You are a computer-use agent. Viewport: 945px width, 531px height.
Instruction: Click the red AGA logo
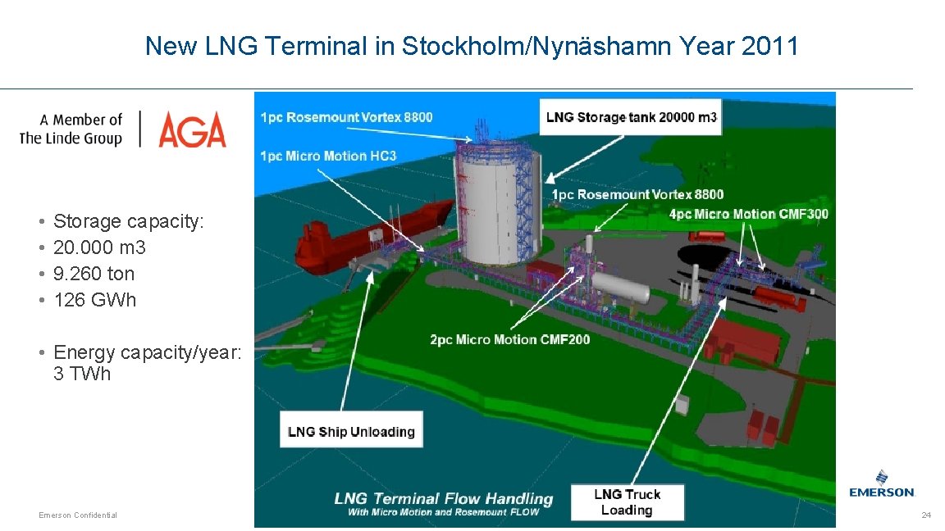tap(192, 129)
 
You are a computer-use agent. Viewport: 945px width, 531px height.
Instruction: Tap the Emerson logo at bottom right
tap(881, 483)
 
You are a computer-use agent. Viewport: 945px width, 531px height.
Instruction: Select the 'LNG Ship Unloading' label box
tap(351, 432)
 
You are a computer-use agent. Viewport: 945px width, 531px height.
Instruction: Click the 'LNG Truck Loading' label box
tap(628, 501)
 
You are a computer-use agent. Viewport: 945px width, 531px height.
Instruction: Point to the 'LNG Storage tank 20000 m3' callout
tap(631, 117)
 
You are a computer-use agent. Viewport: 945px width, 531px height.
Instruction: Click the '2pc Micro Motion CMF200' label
tap(509, 339)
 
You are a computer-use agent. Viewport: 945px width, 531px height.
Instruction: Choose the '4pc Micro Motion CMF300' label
tap(748, 215)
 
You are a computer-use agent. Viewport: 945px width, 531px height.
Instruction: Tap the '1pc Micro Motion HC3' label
tap(328, 156)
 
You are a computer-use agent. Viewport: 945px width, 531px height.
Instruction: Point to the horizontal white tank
tap(621, 287)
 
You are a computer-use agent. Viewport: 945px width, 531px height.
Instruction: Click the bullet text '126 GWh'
tap(94, 300)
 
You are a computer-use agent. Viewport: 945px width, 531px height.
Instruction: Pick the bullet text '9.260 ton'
tap(94, 274)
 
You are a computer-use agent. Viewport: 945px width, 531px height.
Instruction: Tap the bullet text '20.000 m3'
tap(99, 247)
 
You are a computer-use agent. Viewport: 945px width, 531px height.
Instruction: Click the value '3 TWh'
tap(82, 374)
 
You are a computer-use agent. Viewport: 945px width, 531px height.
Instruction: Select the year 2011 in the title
tap(769, 46)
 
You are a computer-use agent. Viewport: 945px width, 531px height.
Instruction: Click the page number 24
tap(926, 515)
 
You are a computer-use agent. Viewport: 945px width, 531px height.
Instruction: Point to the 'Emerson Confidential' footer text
tap(78, 515)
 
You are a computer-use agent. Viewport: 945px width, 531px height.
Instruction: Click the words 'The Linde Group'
tap(71, 138)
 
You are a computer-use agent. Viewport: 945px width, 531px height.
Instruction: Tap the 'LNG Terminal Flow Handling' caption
tap(444, 498)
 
